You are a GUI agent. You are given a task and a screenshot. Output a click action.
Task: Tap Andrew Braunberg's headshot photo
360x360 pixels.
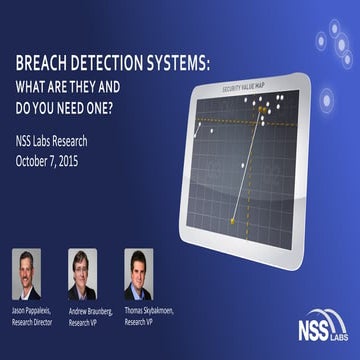pyautogui.click(x=83, y=273)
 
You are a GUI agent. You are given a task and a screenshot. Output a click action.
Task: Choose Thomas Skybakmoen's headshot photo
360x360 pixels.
pyautogui.click(x=138, y=273)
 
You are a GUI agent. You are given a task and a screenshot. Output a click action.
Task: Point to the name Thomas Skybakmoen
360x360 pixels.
pyautogui.click(x=149, y=311)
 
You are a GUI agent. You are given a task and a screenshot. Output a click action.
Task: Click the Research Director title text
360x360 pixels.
pyautogui.click(x=38, y=320)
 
